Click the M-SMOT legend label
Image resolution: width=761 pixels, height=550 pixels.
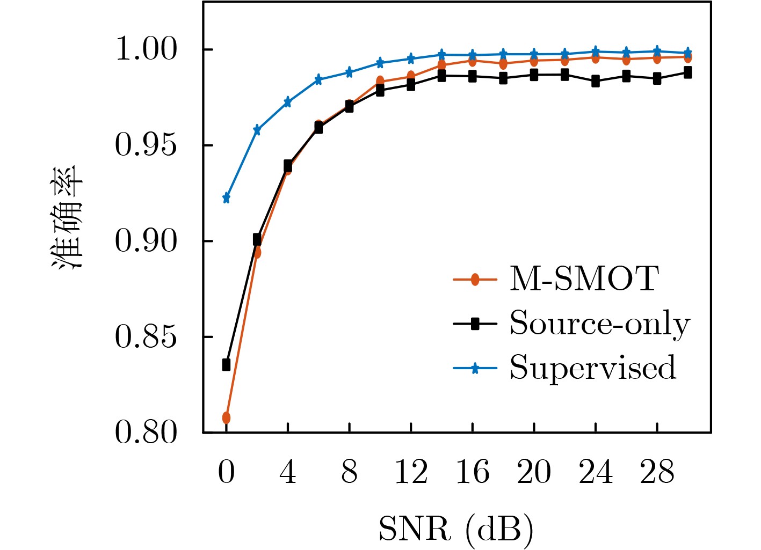pos(584,279)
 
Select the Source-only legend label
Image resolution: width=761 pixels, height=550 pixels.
pos(599,324)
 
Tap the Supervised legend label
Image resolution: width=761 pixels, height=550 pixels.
pos(592,368)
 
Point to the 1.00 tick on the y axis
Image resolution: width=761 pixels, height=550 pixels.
pos(146,50)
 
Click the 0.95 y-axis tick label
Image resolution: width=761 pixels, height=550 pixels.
pos(146,145)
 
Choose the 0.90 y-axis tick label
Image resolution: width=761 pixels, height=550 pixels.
pos(146,241)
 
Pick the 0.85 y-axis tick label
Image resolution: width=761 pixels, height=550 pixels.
pos(146,337)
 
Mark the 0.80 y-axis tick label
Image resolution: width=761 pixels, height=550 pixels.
pos(146,432)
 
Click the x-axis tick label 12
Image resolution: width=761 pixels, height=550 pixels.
pos(411,473)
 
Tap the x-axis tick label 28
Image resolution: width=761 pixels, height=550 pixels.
pos(657,473)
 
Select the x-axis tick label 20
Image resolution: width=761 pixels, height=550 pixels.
pos(534,473)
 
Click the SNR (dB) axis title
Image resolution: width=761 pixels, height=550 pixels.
pos(456,529)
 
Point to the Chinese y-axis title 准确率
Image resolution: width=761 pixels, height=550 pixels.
pos(68,217)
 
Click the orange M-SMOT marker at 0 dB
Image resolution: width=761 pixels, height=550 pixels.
pos(226,417)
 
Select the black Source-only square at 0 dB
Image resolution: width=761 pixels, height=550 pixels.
pos(226,365)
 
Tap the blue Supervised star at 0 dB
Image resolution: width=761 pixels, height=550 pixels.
pos(226,199)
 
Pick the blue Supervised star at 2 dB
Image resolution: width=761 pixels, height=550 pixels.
pos(257,130)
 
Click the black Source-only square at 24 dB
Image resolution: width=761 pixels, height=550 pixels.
pos(596,82)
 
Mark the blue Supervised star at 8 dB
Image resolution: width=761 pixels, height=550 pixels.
pos(349,72)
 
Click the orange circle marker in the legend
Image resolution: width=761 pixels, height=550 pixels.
pos(475,280)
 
